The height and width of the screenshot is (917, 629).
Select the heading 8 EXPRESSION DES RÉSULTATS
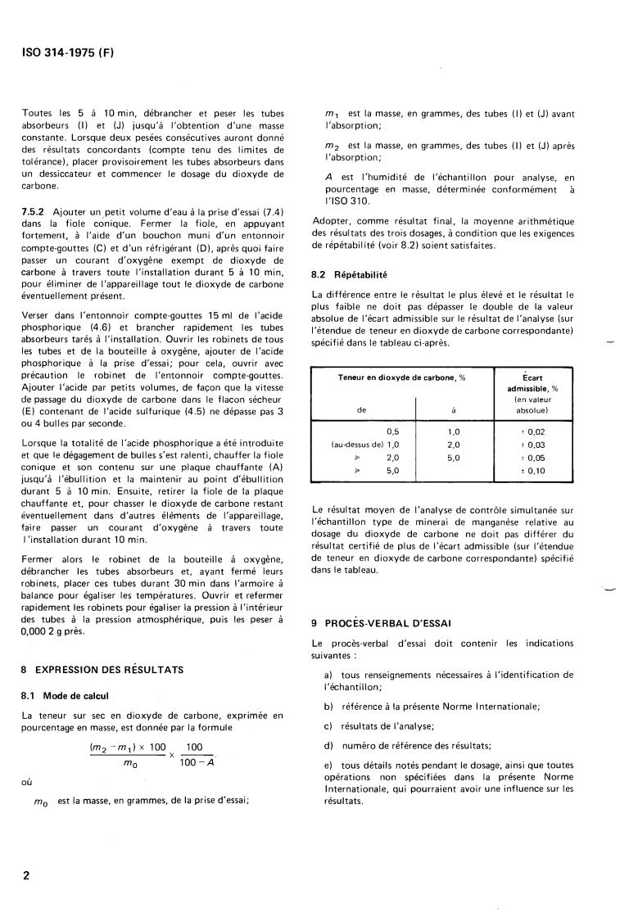click(x=102, y=670)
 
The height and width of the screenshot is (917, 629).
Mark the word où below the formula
click(x=27, y=782)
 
